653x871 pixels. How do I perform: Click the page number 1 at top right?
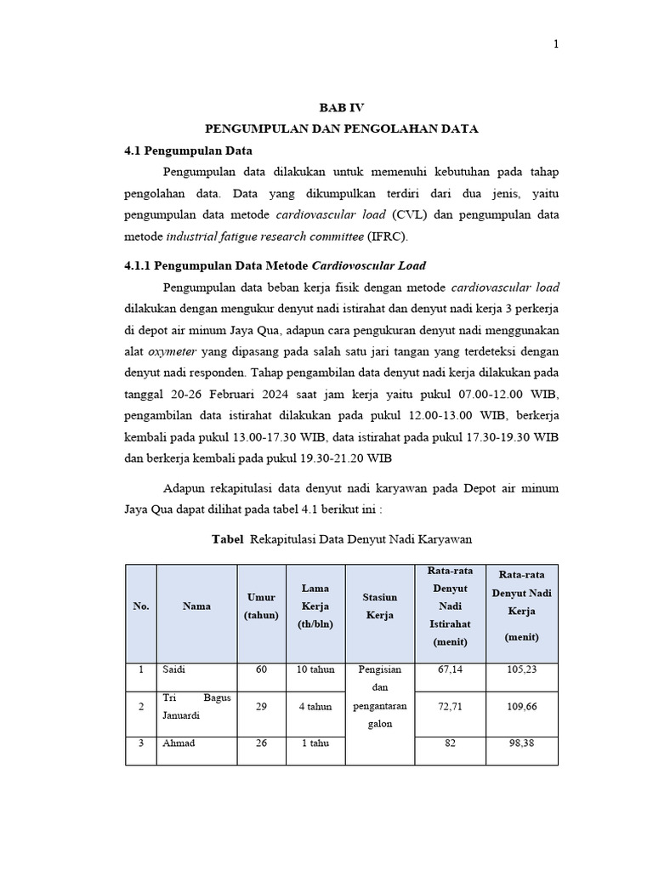click(x=556, y=45)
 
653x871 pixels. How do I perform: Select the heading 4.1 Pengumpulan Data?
click(x=188, y=151)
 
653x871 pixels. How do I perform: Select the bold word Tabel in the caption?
click(x=227, y=539)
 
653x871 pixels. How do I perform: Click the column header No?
click(x=140, y=606)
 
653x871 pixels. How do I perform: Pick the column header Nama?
click(x=196, y=606)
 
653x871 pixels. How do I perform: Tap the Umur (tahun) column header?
click(x=261, y=606)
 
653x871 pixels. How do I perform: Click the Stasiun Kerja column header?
click(x=379, y=606)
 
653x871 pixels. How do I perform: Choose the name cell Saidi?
click(x=173, y=669)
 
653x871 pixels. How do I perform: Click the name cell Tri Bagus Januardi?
click(x=196, y=707)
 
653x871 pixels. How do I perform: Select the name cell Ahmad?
click(x=179, y=743)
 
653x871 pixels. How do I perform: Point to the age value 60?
click(x=261, y=669)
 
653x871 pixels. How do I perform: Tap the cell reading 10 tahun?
click(x=315, y=669)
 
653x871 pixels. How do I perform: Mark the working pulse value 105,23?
click(x=522, y=669)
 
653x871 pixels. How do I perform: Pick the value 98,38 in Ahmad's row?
click(x=522, y=743)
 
